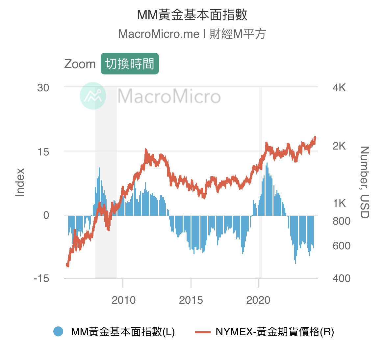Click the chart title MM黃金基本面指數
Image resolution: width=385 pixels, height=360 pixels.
coord(192,15)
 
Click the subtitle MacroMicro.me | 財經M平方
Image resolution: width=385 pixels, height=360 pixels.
coord(192,34)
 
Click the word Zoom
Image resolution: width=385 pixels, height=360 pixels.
coord(80,64)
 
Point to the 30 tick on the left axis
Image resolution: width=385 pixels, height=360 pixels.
coord(43,88)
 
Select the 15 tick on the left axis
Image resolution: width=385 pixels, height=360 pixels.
coord(43,152)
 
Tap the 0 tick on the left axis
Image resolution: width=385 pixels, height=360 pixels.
coord(46,215)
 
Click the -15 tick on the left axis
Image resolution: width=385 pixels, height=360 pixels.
coord(41,278)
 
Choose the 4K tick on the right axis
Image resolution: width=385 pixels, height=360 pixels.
coord(339,88)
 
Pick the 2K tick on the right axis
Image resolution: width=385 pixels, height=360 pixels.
coord(339,146)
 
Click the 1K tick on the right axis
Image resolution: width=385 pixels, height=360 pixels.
coord(339,203)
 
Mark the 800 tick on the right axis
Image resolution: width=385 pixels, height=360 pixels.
coord(342,221)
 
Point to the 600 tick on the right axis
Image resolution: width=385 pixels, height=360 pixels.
coord(342,246)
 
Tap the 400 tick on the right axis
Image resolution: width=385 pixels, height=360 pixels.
coord(342,278)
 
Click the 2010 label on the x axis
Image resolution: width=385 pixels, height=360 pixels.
coord(123,300)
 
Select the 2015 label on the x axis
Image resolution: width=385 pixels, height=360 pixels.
coord(191,300)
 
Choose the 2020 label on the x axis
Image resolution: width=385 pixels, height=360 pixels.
coord(258,300)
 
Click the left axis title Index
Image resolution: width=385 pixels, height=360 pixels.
coord(20,182)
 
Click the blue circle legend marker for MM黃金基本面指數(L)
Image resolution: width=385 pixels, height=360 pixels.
coord(58,331)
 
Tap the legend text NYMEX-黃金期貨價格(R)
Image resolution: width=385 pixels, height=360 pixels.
coord(275,332)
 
